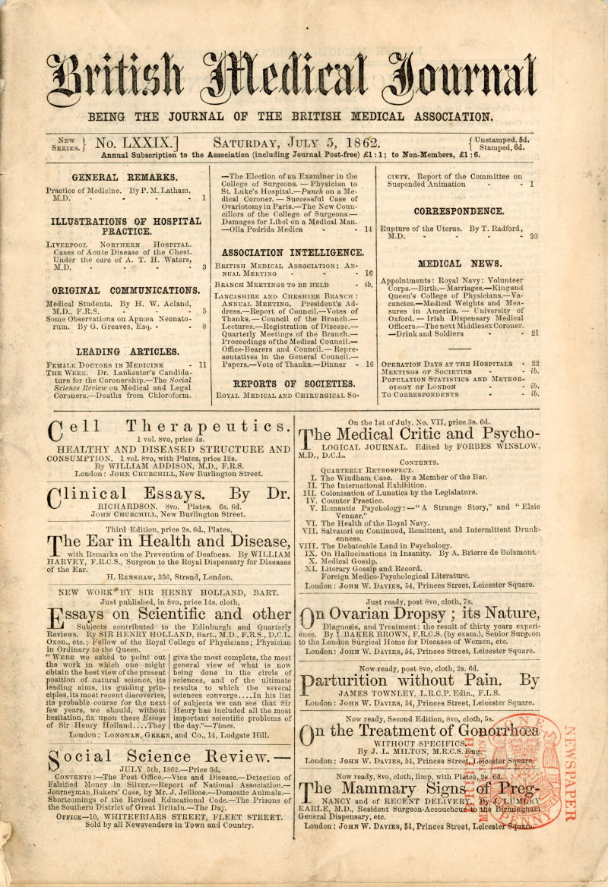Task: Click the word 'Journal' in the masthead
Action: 458,81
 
